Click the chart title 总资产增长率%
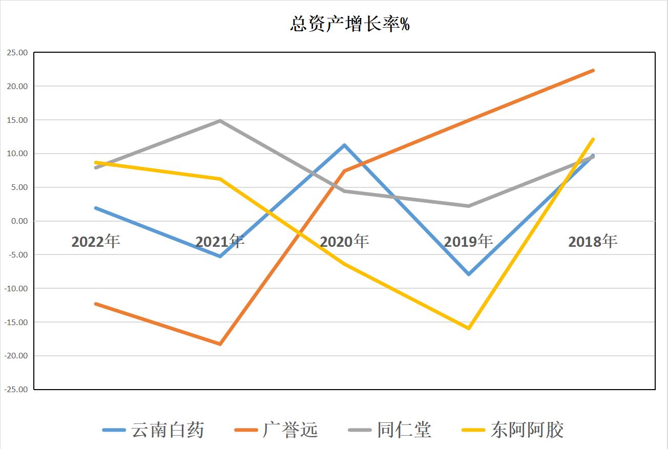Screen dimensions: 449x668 (349, 24)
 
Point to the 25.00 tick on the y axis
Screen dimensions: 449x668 (17, 53)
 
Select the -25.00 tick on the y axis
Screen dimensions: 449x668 (16, 390)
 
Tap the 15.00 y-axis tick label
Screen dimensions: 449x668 (17, 120)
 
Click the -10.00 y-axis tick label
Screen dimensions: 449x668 (16, 289)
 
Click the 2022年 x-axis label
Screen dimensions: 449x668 (96, 241)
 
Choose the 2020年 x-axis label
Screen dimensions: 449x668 (344, 241)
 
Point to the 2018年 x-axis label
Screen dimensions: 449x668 (593, 241)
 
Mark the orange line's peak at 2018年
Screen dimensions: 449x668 (593, 71)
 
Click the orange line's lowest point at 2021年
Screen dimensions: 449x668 (220, 344)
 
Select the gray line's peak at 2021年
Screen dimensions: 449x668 (220, 121)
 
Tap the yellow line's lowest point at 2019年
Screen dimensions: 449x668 (469, 328)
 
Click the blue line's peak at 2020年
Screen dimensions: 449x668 (344, 145)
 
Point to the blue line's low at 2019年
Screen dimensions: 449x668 (469, 274)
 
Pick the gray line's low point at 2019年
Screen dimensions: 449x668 (469, 206)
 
